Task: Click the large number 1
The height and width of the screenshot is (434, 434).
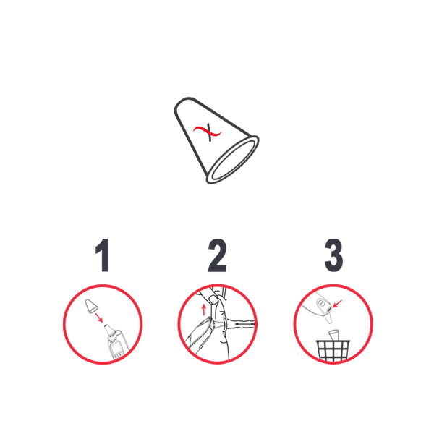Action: coord(103,255)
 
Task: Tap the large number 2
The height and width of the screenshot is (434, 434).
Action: coord(217,255)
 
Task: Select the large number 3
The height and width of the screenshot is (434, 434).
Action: coord(333,255)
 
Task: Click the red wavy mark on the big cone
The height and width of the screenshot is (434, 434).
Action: coord(208,132)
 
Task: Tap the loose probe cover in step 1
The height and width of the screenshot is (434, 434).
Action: coord(91,305)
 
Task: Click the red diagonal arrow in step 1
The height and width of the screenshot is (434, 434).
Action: coord(99,318)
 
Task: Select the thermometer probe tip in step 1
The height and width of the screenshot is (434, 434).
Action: coord(110,331)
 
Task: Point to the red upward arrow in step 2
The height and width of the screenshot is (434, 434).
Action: coord(204,310)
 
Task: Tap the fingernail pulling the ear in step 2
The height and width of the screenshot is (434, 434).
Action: coord(213,299)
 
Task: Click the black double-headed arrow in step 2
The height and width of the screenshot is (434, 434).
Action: coord(244,323)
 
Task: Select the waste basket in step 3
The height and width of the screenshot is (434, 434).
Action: coord(333,350)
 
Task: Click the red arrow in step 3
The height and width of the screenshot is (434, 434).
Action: coord(337,303)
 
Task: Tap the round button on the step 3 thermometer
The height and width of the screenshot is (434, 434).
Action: coord(321,303)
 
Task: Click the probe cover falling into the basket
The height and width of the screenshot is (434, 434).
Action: coord(333,335)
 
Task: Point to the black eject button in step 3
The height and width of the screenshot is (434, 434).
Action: coord(330,309)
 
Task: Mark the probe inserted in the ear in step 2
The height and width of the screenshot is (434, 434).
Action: coord(216,324)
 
